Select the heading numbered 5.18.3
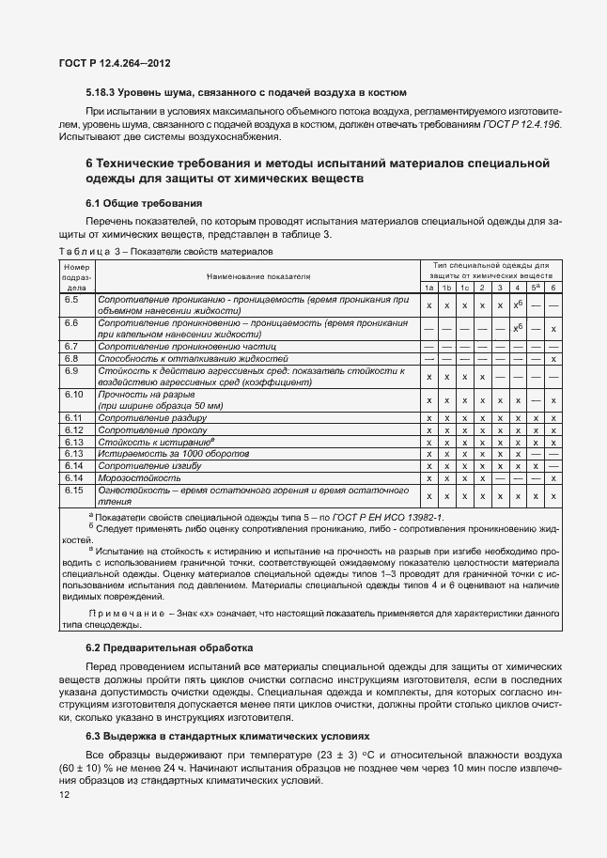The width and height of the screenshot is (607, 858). click(245, 92)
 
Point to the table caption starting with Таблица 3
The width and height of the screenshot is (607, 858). click(165, 252)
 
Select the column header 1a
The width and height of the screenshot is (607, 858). click(429, 288)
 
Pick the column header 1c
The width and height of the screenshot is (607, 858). click(464, 288)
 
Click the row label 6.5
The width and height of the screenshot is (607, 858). click(70, 299)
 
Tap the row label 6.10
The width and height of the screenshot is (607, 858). click(73, 395)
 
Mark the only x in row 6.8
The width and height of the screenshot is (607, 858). click(554, 359)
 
